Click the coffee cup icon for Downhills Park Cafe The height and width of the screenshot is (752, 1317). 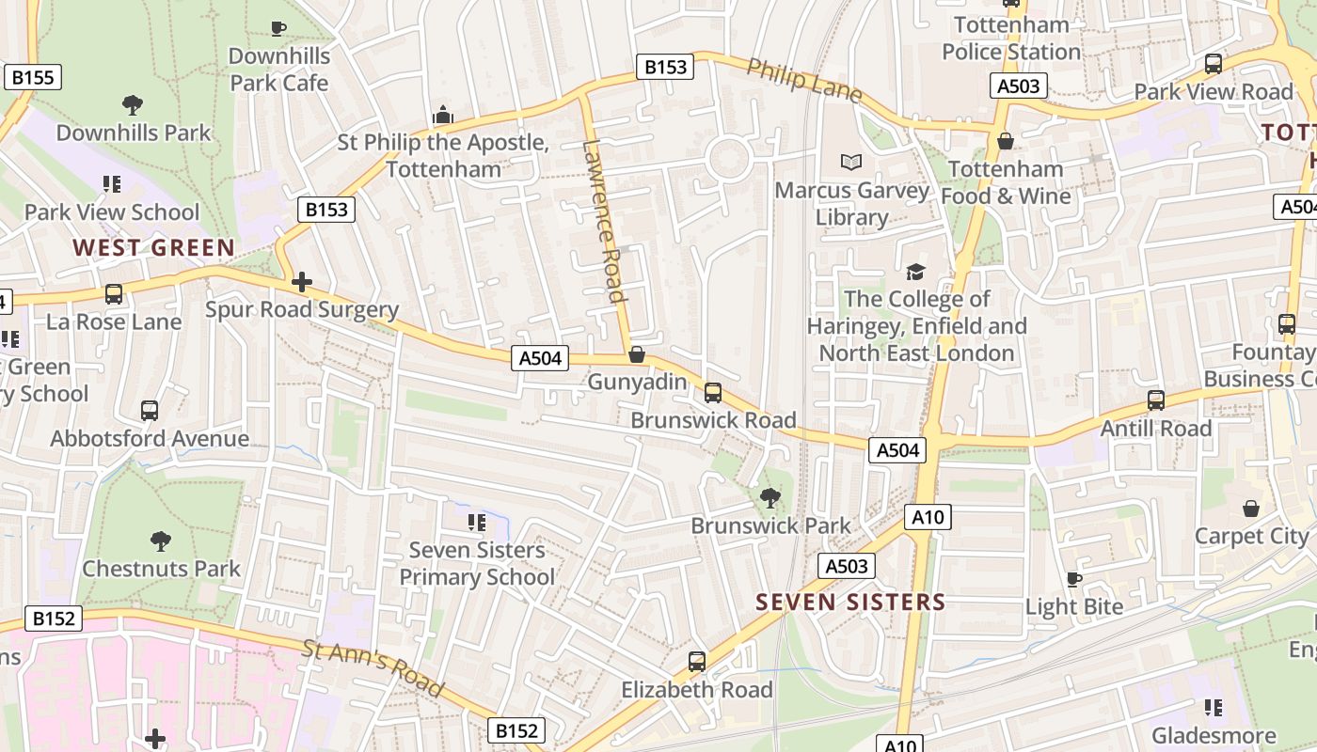(278, 28)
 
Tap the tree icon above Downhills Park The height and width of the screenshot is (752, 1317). (133, 104)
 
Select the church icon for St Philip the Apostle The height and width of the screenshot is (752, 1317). (443, 116)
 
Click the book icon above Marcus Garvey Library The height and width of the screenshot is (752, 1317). (851, 163)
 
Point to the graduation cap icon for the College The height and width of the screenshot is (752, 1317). (915, 272)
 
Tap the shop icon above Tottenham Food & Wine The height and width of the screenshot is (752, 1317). (1006, 141)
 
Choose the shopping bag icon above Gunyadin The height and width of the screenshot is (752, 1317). (637, 354)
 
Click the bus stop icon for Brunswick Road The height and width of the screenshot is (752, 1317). (713, 392)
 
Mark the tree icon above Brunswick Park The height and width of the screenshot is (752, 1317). (770, 497)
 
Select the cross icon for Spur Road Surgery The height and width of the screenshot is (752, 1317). (302, 282)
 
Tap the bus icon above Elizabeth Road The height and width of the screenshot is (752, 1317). (696, 661)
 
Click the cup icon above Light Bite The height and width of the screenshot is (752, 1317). (1074, 578)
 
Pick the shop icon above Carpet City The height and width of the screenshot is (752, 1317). (1251, 509)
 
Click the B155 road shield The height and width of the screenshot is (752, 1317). (33, 77)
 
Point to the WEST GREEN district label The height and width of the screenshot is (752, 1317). (154, 248)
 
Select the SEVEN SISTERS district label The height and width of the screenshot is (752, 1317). (850, 602)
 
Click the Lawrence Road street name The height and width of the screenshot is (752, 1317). (604, 222)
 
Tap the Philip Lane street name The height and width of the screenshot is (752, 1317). (805, 80)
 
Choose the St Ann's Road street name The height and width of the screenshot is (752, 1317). (373, 668)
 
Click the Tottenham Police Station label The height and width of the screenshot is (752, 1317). (1011, 39)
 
